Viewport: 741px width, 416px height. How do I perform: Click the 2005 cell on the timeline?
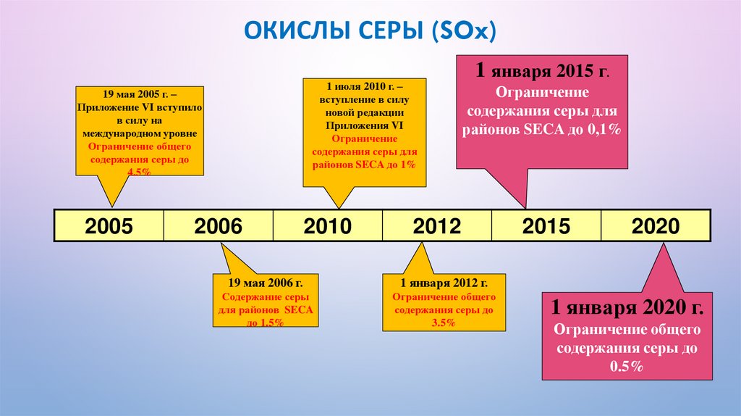click(109, 226)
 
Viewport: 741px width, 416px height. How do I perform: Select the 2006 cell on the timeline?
click(218, 226)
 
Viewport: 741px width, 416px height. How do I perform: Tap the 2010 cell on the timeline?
click(327, 226)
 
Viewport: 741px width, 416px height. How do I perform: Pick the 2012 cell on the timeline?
click(436, 226)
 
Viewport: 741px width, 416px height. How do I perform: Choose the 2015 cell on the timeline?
click(546, 226)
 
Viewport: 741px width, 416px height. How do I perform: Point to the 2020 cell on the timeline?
click(656, 226)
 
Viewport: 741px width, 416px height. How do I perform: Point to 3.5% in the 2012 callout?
click(444, 323)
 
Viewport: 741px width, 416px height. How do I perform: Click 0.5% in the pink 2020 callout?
click(626, 367)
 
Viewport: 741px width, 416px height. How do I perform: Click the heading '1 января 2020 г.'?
click(627, 307)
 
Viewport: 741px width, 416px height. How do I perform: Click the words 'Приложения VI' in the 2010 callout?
click(364, 125)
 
